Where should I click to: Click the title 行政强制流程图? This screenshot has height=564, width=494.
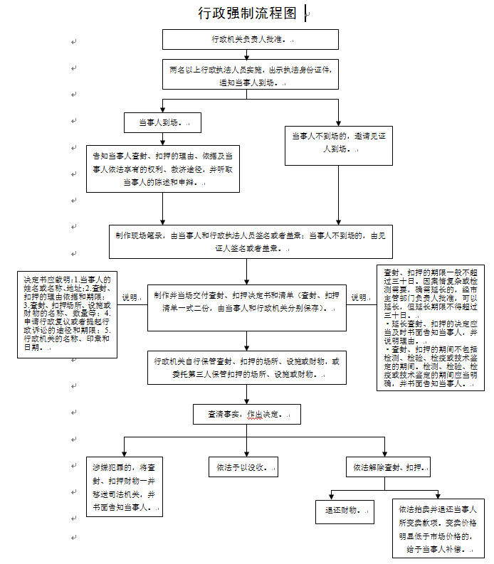pos(246,14)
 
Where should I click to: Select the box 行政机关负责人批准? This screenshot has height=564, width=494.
pos(250,39)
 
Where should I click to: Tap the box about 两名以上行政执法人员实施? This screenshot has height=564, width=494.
pos(250,74)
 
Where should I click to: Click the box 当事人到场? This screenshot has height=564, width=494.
pos(162,123)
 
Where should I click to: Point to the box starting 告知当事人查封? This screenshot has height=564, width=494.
pos(163,169)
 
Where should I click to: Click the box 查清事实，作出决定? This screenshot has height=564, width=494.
pos(246,414)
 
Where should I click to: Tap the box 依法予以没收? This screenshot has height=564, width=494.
pos(242,467)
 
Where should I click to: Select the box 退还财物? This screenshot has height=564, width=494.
pos(345,510)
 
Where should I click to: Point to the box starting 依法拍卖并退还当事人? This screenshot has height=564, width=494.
pos(437,528)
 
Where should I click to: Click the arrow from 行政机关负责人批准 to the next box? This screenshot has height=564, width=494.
pos(249,54)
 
